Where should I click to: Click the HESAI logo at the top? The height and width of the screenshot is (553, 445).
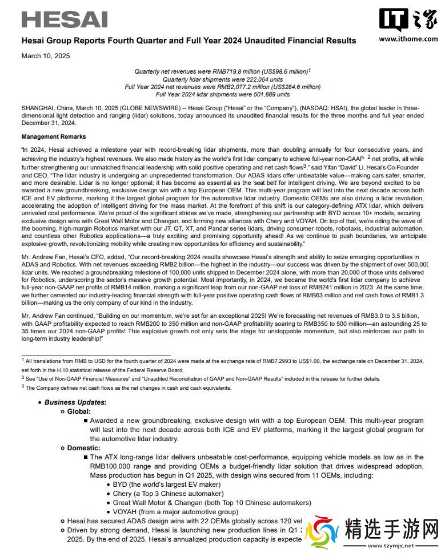(x=65, y=19)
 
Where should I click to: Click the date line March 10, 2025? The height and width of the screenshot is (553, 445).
(x=46, y=55)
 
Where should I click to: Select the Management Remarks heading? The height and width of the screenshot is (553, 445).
(x=54, y=137)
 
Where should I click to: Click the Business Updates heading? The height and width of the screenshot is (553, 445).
(x=75, y=402)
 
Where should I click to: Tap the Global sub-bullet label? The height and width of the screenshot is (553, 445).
(x=79, y=411)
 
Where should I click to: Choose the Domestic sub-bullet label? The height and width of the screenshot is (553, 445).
(x=83, y=448)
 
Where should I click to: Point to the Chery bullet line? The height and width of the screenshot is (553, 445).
(x=168, y=494)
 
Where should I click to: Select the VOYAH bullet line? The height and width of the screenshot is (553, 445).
(x=175, y=512)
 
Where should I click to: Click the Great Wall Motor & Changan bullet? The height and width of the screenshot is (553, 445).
(x=212, y=503)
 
